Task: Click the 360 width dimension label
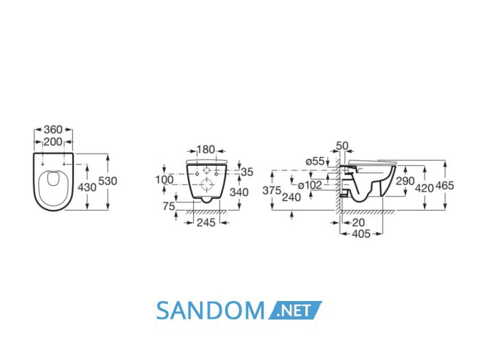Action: pos(53,130)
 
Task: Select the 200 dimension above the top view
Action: pos(53,142)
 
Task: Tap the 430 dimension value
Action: pos(87,187)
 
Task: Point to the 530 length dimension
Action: pos(108,181)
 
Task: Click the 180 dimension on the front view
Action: pos(206,149)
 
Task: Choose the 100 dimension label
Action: pos(165,180)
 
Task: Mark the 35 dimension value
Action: pos(247,172)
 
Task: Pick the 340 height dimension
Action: pos(239,192)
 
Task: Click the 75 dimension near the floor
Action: pos(169,206)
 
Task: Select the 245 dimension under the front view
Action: pos(206,223)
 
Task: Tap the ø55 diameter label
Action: pos(315,161)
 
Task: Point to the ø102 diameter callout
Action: pos(310,185)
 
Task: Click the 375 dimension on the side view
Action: pos(272,191)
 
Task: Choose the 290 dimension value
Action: pos(405,181)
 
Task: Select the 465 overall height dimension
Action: pos(444,186)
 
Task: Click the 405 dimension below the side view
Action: pos(361,235)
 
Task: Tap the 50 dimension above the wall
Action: pos(342,145)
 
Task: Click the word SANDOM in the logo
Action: pos(211,311)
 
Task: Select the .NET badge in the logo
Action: pos(295,311)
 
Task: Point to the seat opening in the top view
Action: pos(53,179)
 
